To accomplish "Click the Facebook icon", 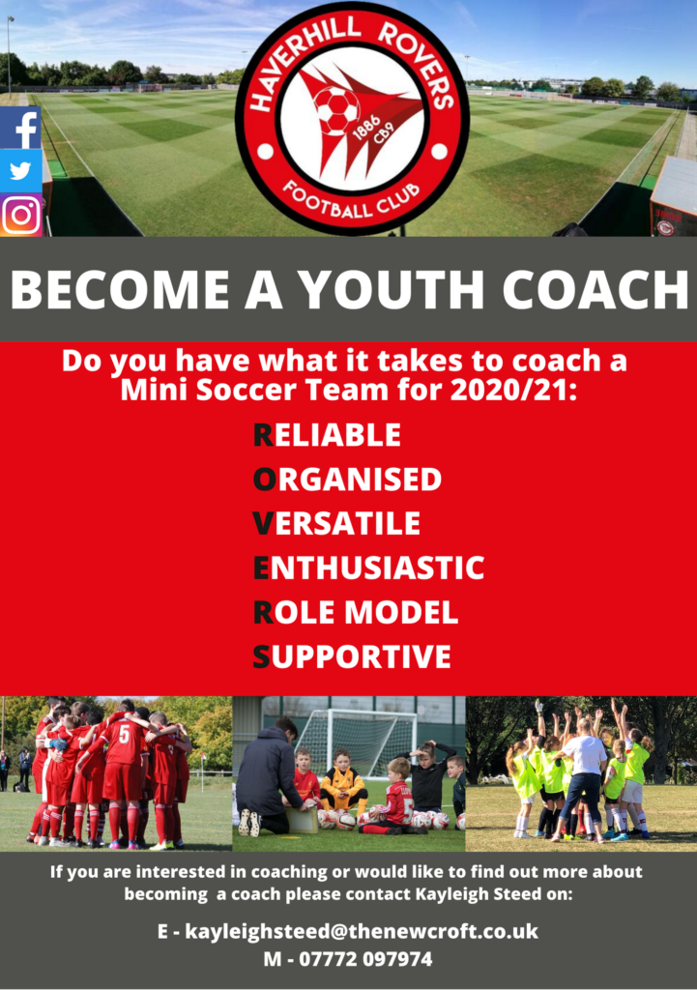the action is click(x=21, y=128).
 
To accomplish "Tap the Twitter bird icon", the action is click(x=21, y=170).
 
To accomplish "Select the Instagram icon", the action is click(x=21, y=215).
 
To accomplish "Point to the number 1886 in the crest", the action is click(x=366, y=128).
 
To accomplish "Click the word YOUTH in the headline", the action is click(x=391, y=290).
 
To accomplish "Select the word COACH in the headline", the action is click(x=595, y=290).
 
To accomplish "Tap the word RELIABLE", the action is click(x=327, y=435).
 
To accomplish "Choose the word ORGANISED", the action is click(x=347, y=480).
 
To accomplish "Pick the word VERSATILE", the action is click(x=336, y=523).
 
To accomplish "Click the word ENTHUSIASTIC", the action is click(x=368, y=568).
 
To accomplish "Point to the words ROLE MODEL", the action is click(x=356, y=612).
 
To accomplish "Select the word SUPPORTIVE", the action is click(x=352, y=656).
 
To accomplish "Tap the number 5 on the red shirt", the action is click(x=124, y=734).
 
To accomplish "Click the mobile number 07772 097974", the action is click(x=365, y=959).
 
